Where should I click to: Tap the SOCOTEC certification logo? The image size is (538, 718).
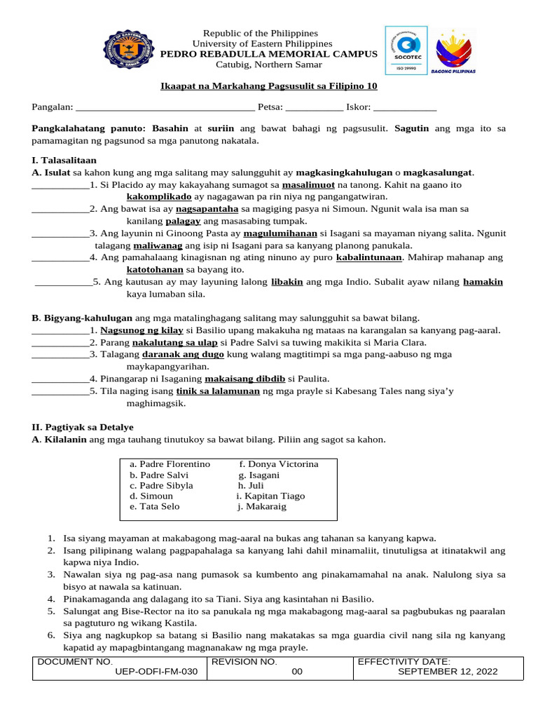point(406,50)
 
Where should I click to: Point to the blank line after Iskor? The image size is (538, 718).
point(406,108)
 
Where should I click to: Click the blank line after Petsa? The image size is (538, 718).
point(315,108)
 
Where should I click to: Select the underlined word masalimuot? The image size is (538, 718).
point(308,185)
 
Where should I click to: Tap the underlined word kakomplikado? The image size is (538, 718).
point(159,197)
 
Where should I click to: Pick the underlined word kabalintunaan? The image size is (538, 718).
point(369,257)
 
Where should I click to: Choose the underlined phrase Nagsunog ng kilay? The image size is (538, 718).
point(142,330)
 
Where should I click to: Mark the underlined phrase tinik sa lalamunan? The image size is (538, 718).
point(218,391)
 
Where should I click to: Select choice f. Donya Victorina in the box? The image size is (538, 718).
point(279,464)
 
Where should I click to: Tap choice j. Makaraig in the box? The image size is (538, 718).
point(262,506)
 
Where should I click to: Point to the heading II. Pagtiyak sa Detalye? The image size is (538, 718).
point(83,426)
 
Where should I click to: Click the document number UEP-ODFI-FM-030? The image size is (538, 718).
point(156,672)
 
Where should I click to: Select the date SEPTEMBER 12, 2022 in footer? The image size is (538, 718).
point(448,672)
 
